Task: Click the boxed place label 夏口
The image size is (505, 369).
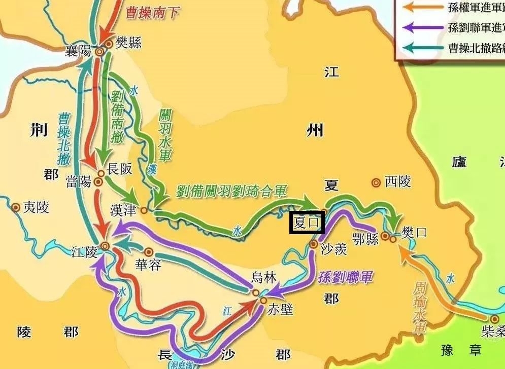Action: click(x=307, y=222)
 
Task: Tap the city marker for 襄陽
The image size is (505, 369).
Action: click(x=100, y=51)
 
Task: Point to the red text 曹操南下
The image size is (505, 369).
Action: click(x=152, y=12)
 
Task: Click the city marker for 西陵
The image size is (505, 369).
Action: click(x=376, y=182)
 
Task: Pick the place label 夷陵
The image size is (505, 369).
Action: click(x=36, y=207)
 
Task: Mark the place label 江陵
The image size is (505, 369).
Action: click(x=84, y=251)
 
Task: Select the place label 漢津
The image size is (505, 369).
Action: click(x=124, y=209)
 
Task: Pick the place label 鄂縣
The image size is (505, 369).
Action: click(x=365, y=239)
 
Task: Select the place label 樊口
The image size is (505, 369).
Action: click(x=414, y=233)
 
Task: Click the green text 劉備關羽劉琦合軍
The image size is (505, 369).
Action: click(x=231, y=191)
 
